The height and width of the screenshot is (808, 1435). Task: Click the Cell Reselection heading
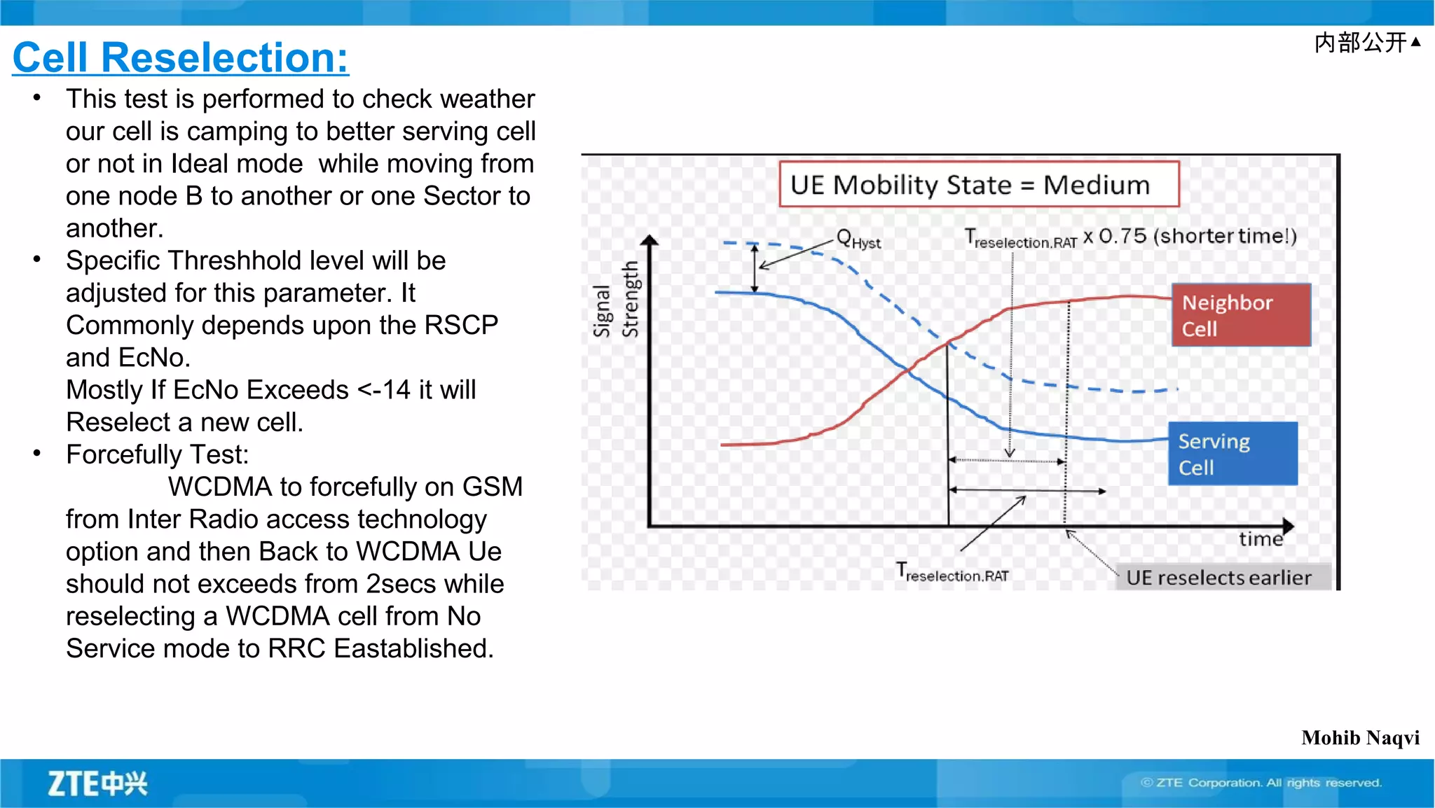[181, 57]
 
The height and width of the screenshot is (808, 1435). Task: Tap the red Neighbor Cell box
[1240, 315]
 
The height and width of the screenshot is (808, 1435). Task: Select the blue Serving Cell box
[1233, 454]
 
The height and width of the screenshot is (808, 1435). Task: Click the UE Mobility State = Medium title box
[979, 185]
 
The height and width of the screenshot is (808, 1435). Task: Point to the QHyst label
[858, 239]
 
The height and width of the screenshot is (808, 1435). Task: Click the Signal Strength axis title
[616, 300]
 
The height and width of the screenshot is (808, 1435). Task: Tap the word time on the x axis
[1261, 539]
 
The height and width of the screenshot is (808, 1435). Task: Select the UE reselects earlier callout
[1218, 578]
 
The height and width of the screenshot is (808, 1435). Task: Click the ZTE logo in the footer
[97, 783]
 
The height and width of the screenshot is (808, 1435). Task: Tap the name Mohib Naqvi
[1360, 737]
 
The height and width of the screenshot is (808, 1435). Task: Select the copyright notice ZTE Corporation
[1261, 783]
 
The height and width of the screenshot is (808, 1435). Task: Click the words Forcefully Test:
[157, 454]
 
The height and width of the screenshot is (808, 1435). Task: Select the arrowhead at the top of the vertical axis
[650, 240]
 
